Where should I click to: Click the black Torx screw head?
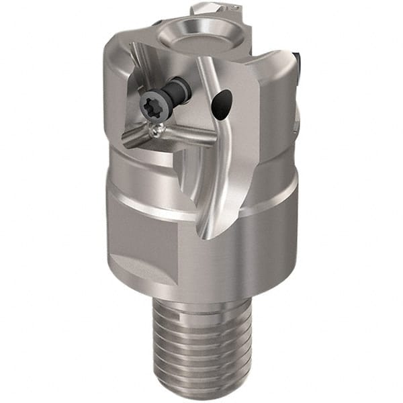[150, 106]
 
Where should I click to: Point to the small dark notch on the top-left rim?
[156, 22]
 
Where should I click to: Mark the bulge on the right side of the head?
[296, 114]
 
